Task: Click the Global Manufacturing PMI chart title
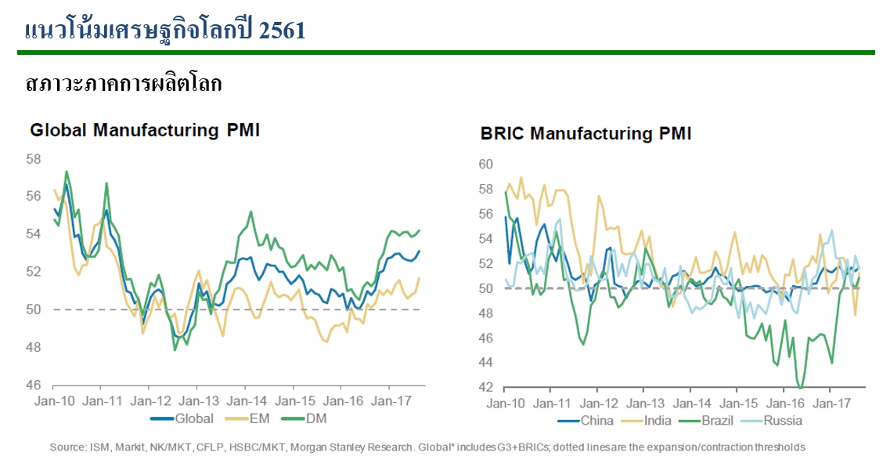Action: (145, 130)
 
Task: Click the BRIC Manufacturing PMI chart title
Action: (586, 133)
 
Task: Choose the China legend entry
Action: (591, 421)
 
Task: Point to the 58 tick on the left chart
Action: (33, 159)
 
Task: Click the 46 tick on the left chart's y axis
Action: (33, 385)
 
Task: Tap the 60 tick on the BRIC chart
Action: (485, 165)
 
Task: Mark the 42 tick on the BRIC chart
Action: (485, 388)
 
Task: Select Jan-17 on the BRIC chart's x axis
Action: (833, 404)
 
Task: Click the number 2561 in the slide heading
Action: (279, 31)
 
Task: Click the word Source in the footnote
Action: (66, 447)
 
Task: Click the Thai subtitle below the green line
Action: (124, 83)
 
